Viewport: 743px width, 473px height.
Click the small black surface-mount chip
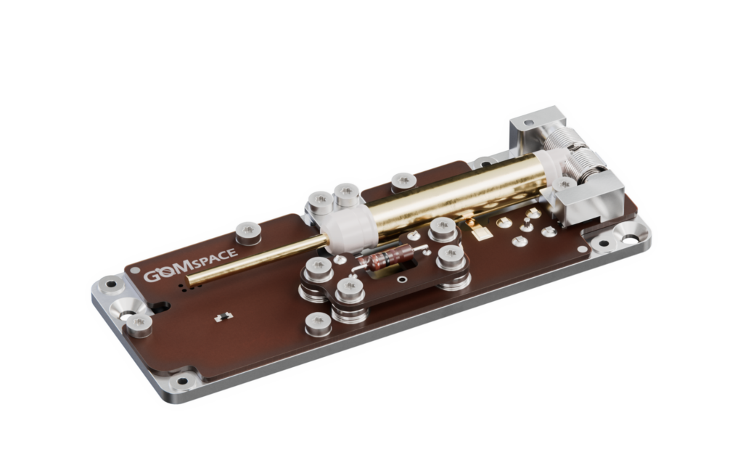click(223, 316)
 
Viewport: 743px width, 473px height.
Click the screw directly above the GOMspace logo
click(248, 231)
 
